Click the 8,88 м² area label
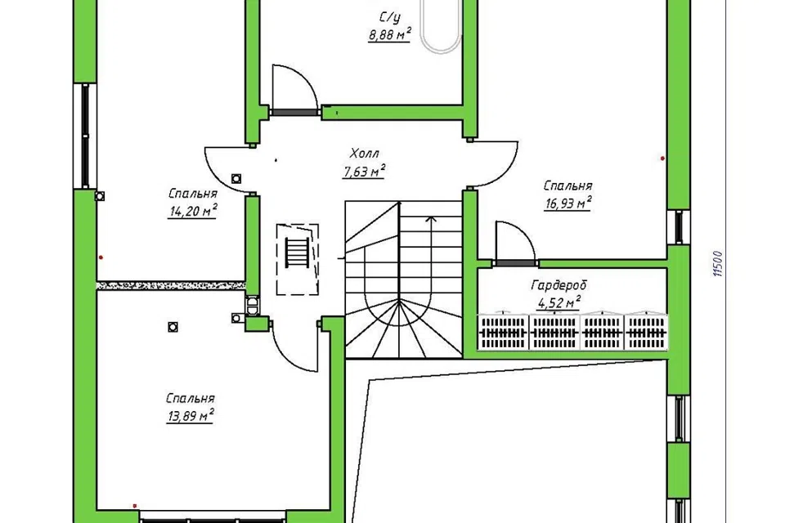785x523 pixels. [x=390, y=34]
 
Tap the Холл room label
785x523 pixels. [x=365, y=153]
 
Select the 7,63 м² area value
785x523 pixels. [x=364, y=171]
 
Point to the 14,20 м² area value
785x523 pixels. [x=193, y=211]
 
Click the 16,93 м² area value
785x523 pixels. [x=567, y=203]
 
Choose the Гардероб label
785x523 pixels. [x=558, y=285]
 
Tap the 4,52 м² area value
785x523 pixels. [x=558, y=303]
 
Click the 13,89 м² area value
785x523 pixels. [x=191, y=416]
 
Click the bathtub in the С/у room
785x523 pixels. [x=440, y=25]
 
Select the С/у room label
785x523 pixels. [x=390, y=18]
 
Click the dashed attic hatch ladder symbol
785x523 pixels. [x=298, y=259]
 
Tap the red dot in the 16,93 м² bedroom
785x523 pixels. [x=663, y=159]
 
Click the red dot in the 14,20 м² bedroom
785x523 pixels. [x=101, y=257]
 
